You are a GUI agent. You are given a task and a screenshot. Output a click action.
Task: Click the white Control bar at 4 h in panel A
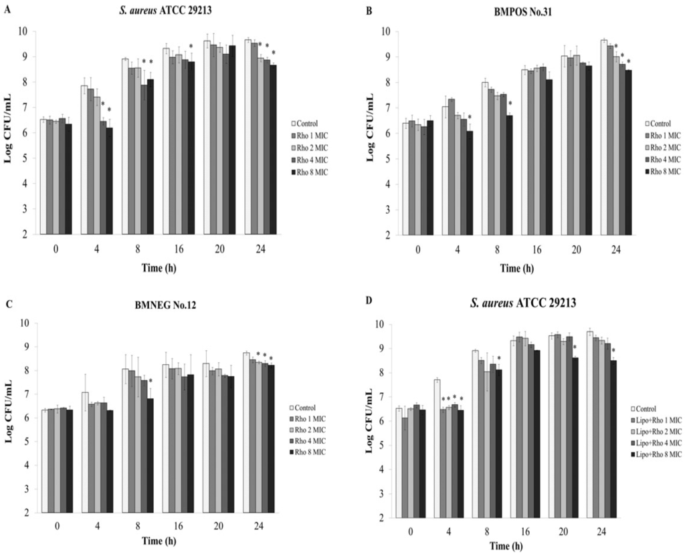click(x=84, y=160)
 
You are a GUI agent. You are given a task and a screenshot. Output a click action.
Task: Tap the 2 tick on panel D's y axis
click(x=381, y=517)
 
